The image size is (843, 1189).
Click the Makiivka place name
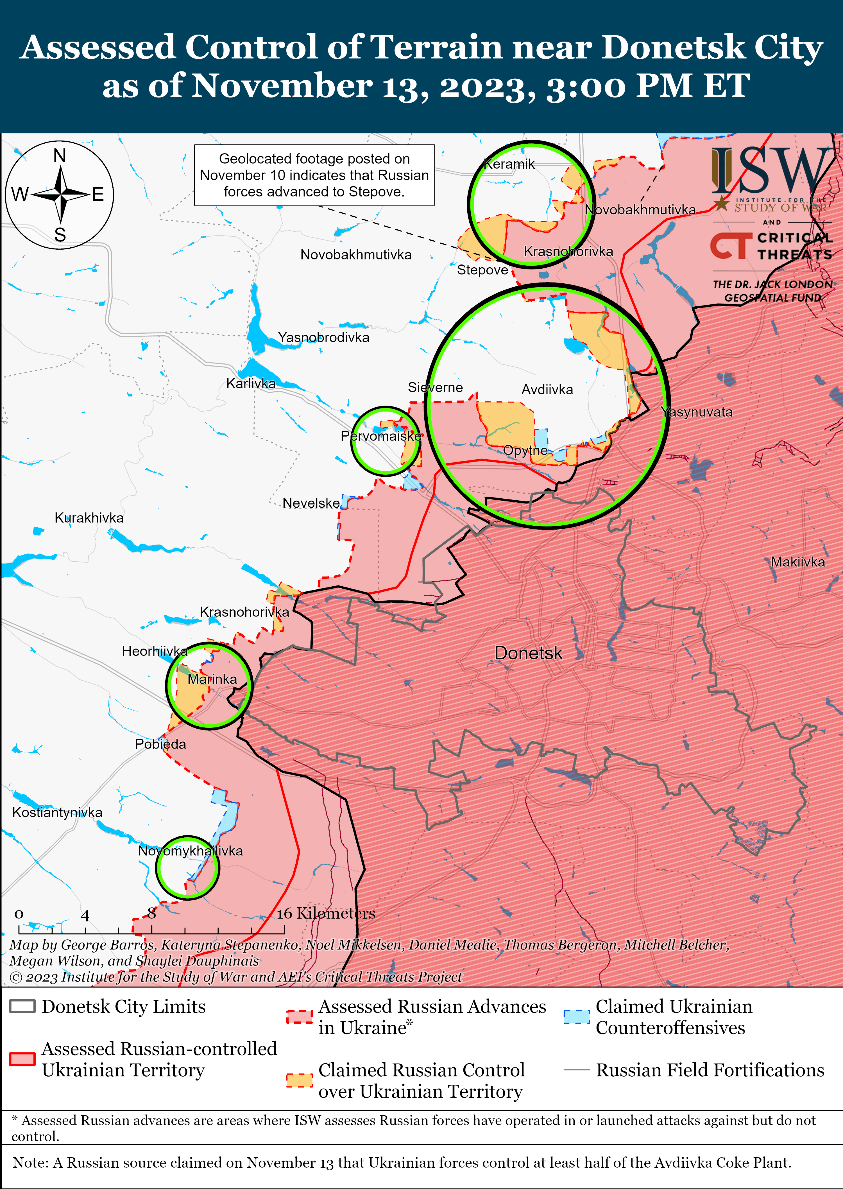[x=797, y=562]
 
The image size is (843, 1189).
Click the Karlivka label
[x=251, y=384]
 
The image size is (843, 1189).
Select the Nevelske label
[x=311, y=503]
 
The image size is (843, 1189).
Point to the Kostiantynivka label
[x=57, y=813]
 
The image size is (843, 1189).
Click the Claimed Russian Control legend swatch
[x=300, y=1081]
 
